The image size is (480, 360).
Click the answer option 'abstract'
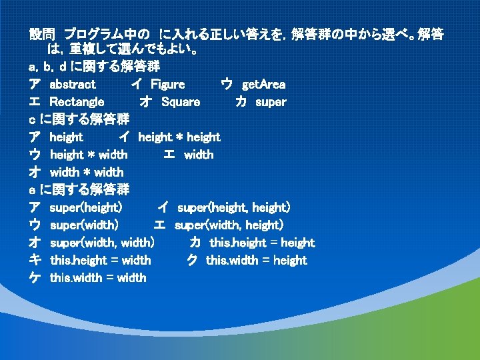tap(73, 85)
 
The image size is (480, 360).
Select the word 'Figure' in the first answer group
tap(168, 85)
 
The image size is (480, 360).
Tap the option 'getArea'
tap(263, 85)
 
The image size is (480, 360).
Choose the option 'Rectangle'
tap(77, 102)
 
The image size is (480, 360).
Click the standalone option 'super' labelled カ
tap(271, 102)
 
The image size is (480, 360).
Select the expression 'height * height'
tap(179, 137)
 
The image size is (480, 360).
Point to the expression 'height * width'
tap(89, 155)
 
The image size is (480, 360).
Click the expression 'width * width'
tap(87, 173)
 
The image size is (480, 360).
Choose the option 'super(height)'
tap(86, 208)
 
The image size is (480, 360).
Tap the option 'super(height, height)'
tap(233, 208)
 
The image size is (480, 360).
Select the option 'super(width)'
tap(85, 225)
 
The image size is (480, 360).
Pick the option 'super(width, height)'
tap(229, 225)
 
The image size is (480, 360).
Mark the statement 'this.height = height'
tap(262, 243)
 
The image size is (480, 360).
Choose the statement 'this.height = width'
tap(101, 260)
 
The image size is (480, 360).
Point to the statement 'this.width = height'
tap(257, 260)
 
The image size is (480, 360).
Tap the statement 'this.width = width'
tap(98, 277)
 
